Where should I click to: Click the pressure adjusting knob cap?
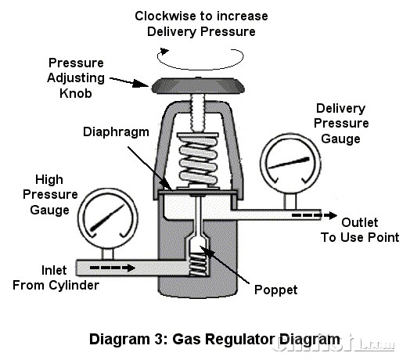[198, 85]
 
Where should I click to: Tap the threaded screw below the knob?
[198, 113]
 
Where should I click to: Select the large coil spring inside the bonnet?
[198, 160]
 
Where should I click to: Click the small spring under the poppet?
[198, 264]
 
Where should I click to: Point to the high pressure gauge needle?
[107, 218]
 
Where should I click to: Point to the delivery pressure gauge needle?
[289, 163]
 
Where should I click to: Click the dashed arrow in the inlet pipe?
[113, 268]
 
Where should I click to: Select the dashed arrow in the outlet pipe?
[315, 215]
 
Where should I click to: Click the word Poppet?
[276, 290]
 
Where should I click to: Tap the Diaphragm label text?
[116, 132]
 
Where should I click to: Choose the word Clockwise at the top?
[166, 16]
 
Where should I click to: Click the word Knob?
[76, 93]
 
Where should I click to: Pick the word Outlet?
[360, 222]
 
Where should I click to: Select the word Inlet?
[54, 270]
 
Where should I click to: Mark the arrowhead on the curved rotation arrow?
[164, 51]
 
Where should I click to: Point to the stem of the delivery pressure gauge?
[290, 201]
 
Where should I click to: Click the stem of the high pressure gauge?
[107, 254]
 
